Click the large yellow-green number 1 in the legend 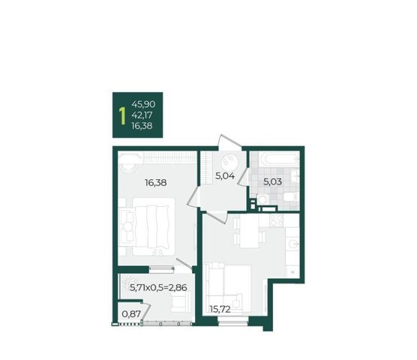[x=122, y=116]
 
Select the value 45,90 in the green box [x=143, y=104]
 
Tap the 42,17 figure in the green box [x=142, y=115]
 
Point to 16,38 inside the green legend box [x=142, y=126]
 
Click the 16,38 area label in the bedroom [x=155, y=183]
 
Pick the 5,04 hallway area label [x=225, y=175]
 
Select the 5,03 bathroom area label [x=272, y=181]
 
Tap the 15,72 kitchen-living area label [x=220, y=309]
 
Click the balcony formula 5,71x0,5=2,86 [x=158, y=287]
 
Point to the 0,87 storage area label [x=131, y=314]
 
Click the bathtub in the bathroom [x=280, y=160]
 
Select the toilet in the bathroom [x=291, y=198]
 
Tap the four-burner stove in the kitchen [x=277, y=220]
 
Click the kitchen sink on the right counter [x=292, y=243]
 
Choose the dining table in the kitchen [x=249, y=231]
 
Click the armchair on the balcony [x=181, y=301]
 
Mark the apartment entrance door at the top [x=229, y=142]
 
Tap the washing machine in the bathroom [x=262, y=199]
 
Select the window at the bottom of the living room [x=233, y=321]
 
